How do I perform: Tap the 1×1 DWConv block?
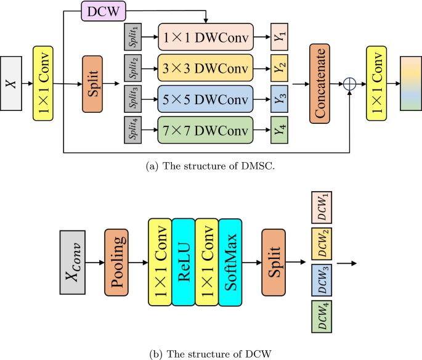(x=206, y=39)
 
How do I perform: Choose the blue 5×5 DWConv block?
(x=206, y=99)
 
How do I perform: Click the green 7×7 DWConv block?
(x=206, y=130)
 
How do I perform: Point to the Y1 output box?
(x=281, y=39)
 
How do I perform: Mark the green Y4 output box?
(x=281, y=130)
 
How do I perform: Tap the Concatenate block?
(x=320, y=84)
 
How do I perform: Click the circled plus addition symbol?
(x=350, y=84)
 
